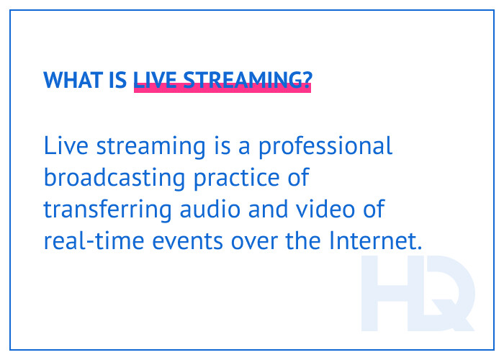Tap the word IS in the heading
click(x=119, y=80)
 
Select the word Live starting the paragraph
click(x=64, y=146)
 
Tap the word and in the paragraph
click(x=253, y=210)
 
